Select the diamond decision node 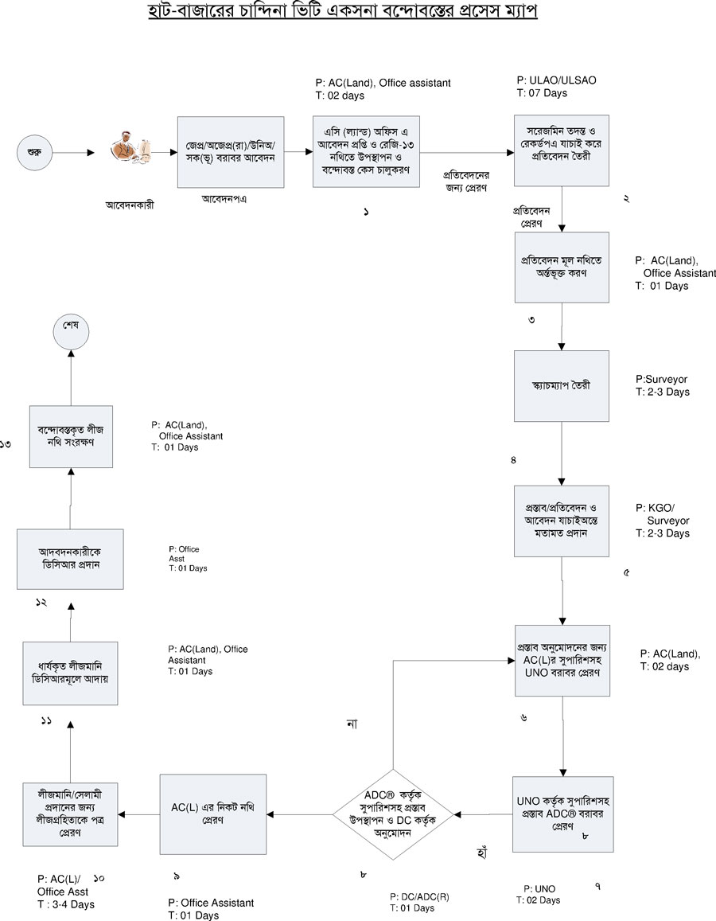(394, 814)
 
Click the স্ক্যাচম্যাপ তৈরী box (562, 385)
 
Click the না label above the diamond (351, 724)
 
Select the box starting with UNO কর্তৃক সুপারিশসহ (562, 813)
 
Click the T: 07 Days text (542, 94)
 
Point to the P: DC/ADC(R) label (419, 896)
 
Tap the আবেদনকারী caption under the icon (130, 205)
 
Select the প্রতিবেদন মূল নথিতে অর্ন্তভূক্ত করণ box (562, 267)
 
